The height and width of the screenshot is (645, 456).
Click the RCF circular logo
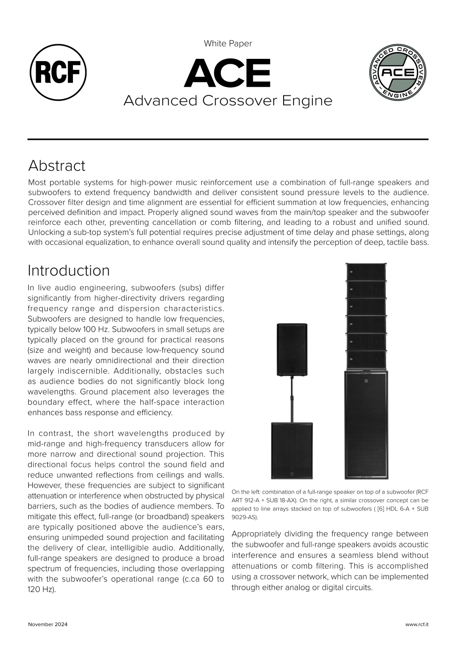click(x=58, y=73)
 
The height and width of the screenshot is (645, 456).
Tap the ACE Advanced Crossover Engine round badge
click(x=398, y=73)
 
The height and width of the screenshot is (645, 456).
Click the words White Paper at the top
click(x=228, y=43)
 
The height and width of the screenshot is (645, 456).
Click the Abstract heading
click(x=57, y=166)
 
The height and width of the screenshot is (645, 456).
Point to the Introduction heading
click(x=68, y=270)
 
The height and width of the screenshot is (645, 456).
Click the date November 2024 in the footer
click(x=47, y=624)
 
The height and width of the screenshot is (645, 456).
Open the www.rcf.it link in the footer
click(x=417, y=624)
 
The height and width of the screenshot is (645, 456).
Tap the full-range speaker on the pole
click(x=292, y=349)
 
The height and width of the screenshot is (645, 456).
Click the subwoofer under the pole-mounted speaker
click(x=291, y=450)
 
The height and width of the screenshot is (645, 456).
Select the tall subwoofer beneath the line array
click(x=366, y=424)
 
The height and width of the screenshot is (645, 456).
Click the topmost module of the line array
click(x=366, y=271)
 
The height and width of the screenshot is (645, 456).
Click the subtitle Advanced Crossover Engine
click(x=228, y=100)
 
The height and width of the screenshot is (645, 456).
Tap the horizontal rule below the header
click(x=228, y=139)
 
